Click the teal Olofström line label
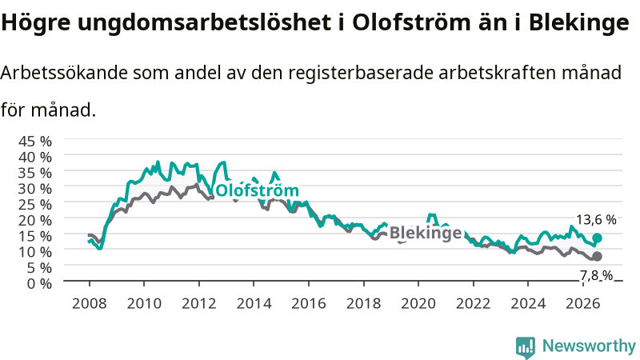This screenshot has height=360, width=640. click(x=257, y=190)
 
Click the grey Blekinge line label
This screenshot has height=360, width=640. click(x=426, y=233)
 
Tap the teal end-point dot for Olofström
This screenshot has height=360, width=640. click(x=597, y=238)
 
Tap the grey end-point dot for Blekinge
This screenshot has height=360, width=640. click(x=597, y=256)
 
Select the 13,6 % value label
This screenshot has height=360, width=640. click(x=596, y=219)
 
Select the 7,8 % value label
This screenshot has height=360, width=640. click(x=596, y=275)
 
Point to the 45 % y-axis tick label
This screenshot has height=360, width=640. click(x=35, y=142)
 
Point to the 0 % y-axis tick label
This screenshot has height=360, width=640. click(x=39, y=283)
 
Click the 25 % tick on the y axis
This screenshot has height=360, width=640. click(x=35, y=205)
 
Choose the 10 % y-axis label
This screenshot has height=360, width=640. click(x=35, y=252)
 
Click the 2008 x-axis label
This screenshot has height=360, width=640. click(x=90, y=304)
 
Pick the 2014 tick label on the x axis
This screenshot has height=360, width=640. click(x=254, y=304)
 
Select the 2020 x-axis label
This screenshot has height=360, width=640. click(x=418, y=304)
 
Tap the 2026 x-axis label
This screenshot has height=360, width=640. click(x=583, y=304)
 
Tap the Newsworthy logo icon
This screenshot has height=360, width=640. click(x=526, y=346)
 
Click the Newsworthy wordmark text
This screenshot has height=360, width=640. click(x=589, y=346)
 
